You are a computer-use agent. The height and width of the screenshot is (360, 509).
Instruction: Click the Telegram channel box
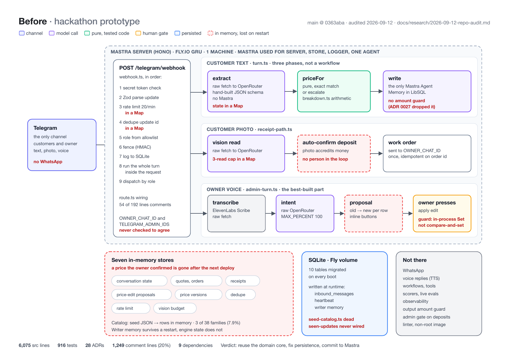pos(62,145)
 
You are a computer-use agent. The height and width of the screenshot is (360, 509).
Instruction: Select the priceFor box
pos(334,91)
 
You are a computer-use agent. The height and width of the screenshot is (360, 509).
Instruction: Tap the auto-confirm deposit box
pos(334,154)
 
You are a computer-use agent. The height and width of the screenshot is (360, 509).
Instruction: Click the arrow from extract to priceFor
pos(291,91)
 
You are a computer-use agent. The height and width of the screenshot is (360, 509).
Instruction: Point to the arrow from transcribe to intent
pos(271,213)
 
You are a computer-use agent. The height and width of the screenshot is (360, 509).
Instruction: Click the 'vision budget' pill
pos(175,308)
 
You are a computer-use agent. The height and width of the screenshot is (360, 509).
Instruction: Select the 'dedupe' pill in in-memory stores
pos(241,295)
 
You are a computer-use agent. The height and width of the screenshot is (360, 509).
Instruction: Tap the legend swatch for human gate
pos(138,33)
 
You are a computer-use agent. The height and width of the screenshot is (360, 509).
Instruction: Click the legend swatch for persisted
pos(177,33)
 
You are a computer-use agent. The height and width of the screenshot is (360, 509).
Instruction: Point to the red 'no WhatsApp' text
pos(48,162)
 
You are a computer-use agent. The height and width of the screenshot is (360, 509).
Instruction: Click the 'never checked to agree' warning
pos(145,230)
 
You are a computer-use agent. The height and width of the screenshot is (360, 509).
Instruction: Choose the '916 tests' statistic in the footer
pos(67,345)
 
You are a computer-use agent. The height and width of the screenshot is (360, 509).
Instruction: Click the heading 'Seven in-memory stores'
pos(142,260)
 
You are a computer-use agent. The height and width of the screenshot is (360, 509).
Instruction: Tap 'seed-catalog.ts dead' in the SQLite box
pos(331,319)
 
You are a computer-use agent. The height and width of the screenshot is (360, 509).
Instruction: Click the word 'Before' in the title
pos(33,21)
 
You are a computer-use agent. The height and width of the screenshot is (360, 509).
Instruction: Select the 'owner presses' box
pos(442,213)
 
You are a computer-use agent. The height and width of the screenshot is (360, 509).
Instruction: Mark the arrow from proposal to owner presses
pos(408,213)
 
